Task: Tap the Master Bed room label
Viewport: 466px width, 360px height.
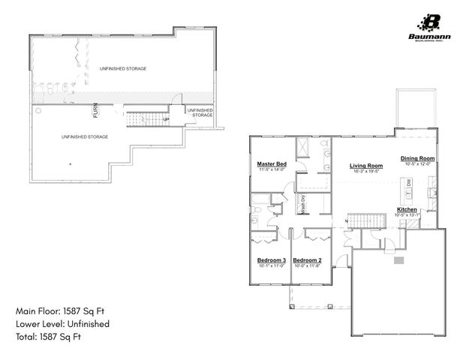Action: [x=272, y=163]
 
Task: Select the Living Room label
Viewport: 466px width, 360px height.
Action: [x=366, y=166]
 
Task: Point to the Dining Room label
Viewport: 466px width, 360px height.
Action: [x=417, y=158]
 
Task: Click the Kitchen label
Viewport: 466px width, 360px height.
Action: [x=407, y=209]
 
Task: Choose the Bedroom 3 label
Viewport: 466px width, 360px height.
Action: [x=267, y=260]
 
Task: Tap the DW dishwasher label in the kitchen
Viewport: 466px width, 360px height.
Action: [x=409, y=183]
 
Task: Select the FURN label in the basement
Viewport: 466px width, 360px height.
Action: [x=95, y=110]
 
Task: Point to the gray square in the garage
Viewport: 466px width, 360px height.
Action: [x=399, y=260]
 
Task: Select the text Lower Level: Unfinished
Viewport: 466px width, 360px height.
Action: [x=62, y=323]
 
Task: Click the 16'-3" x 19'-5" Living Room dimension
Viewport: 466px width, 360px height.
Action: [x=366, y=172]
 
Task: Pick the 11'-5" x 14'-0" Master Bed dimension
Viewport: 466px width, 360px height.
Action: [x=272, y=169]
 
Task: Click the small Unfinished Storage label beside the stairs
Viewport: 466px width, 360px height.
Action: [x=200, y=112]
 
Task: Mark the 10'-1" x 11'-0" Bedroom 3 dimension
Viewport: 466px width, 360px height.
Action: [x=267, y=266]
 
